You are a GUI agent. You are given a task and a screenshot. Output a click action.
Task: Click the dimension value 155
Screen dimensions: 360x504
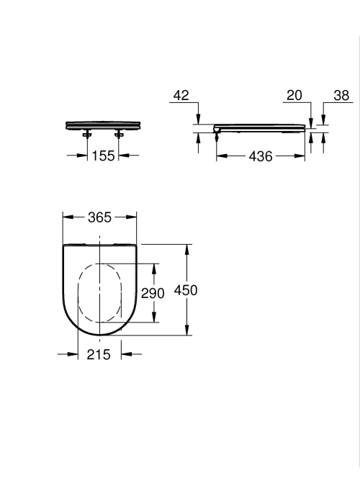click(x=103, y=156)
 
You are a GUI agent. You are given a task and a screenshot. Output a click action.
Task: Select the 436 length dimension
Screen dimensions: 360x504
click(x=261, y=156)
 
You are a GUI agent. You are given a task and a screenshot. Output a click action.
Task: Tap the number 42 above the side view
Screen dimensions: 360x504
click(x=181, y=96)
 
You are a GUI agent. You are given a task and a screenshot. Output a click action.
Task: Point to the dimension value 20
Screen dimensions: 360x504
click(x=294, y=96)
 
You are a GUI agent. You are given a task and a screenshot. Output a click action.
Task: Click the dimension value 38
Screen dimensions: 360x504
click(x=341, y=96)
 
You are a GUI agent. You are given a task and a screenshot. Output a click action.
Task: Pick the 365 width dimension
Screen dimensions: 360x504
click(x=99, y=217)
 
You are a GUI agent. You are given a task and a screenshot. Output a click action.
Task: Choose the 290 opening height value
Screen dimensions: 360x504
click(x=153, y=293)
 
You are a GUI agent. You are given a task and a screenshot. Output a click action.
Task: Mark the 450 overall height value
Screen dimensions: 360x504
click(x=186, y=290)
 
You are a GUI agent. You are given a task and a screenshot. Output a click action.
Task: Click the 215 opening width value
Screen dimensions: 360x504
click(x=99, y=354)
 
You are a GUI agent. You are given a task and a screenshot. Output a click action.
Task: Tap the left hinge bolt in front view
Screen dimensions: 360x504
click(x=87, y=134)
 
